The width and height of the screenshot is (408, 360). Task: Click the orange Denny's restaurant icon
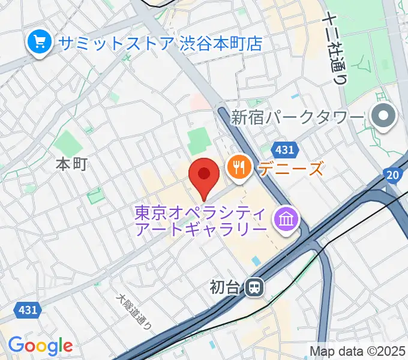pyautogui.click(x=239, y=167)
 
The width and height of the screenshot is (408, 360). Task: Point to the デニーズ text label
pyautogui.click(x=291, y=168)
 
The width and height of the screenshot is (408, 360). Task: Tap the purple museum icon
pyautogui.click(x=286, y=220)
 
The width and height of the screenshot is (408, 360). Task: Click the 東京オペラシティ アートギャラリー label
pyautogui.click(x=201, y=221)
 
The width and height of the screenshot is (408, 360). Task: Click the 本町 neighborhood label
pyautogui.click(x=71, y=164)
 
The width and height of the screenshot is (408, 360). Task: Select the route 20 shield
pyautogui.click(x=392, y=175)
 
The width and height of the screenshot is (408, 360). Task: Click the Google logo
pyautogui.click(x=40, y=345)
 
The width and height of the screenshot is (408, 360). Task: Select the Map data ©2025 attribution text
pyautogui.click(x=358, y=351)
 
